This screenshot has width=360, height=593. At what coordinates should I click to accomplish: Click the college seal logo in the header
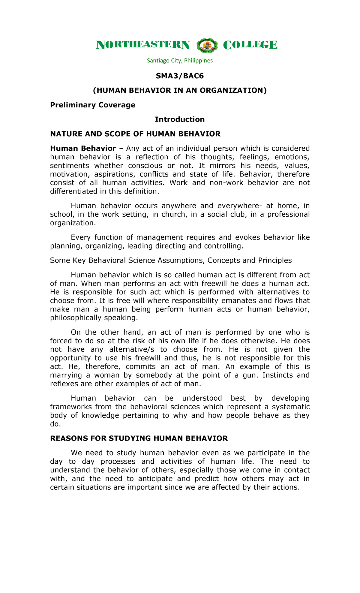(x=207, y=45)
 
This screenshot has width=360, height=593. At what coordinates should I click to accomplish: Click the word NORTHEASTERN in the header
(x=143, y=45)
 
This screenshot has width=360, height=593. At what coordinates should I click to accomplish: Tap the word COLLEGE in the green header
(x=250, y=45)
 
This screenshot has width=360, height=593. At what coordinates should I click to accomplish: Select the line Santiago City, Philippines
(x=180, y=61)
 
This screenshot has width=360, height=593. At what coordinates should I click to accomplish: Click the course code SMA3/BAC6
(x=180, y=76)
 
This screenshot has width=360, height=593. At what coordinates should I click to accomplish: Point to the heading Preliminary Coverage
(x=93, y=105)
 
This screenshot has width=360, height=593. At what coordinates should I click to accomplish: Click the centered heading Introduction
(x=180, y=119)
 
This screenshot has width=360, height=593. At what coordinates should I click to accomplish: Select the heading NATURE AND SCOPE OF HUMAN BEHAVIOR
(x=135, y=134)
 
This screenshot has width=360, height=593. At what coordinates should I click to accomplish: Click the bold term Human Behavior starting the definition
(x=83, y=149)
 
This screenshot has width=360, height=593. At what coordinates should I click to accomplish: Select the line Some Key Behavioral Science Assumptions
(x=171, y=260)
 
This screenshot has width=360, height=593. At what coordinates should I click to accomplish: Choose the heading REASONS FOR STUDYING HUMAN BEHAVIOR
(x=139, y=438)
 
